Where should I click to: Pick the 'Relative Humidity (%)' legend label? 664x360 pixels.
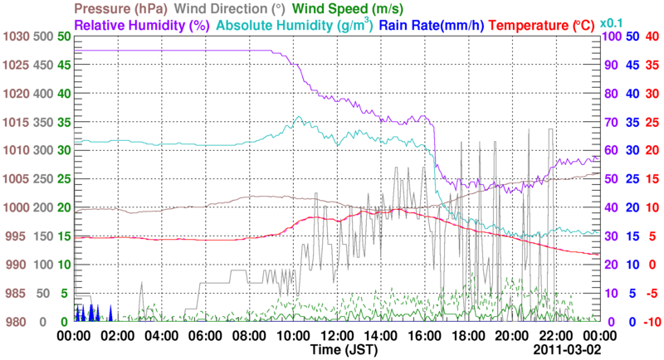[x=142, y=25]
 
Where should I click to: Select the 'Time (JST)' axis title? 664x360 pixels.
[x=345, y=351]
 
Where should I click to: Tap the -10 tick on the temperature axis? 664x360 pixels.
[x=651, y=322]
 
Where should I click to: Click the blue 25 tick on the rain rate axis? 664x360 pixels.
[x=631, y=179]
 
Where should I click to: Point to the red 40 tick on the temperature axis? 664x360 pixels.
[x=652, y=36]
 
